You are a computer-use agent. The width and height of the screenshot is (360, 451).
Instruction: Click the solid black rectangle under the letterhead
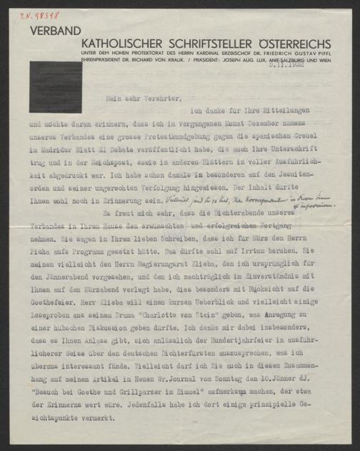55,86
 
